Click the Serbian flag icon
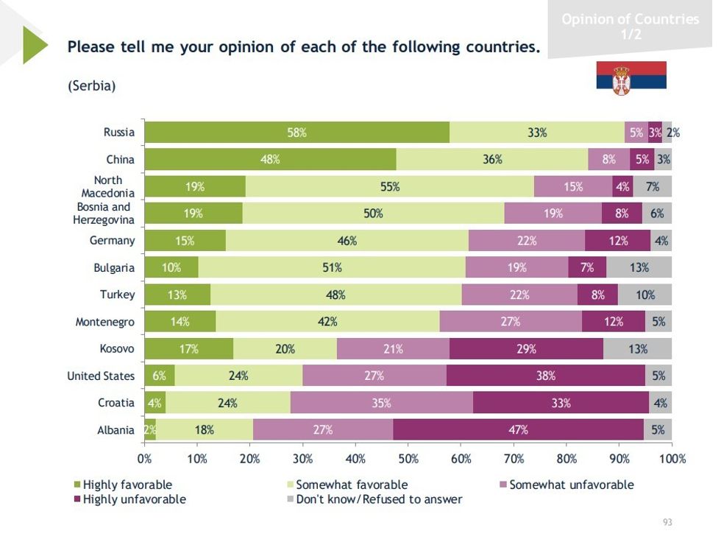[x=631, y=75]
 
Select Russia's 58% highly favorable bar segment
[x=296, y=133]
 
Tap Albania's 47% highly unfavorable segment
[x=518, y=430]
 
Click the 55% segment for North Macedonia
[x=390, y=187]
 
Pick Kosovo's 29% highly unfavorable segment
[x=526, y=349]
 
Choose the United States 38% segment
[x=545, y=376]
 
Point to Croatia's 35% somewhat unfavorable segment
[x=381, y=403]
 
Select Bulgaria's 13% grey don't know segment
[x=638, y=268]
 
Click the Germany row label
[x=113, y=241]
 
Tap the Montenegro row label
[x=105, y=322]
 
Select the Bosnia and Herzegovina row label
[x=104, y=214]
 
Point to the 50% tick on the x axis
[x=408, y=459]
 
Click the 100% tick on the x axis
[x=671, y=459]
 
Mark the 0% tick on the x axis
[x=145, y=459]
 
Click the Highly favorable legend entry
[x=127, y=485]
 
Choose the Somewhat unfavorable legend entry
[x=570, y=485]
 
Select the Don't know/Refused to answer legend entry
[x=378, y=499]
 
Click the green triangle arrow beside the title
[x=35, y=45]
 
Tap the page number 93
[x=667, y=522]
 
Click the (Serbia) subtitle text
[x=92, y=86]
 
